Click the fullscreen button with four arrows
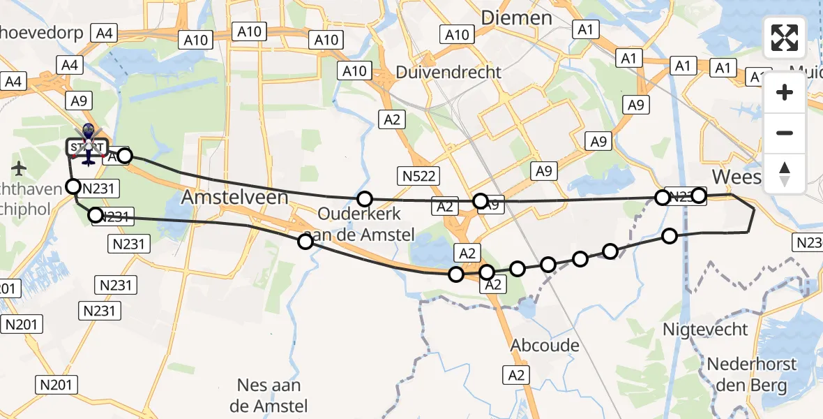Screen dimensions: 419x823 pos(785,38)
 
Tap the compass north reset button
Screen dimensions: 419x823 pos(785,174)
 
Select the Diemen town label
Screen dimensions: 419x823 pos(517,17)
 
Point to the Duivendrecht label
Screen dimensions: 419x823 pos(448,72)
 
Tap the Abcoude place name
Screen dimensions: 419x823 pos(545,346)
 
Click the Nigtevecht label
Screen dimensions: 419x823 pos(705,329)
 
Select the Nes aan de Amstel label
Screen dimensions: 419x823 pos(269,395)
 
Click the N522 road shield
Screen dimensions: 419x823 pos(419,176)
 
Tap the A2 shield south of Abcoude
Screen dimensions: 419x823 pos(516,375)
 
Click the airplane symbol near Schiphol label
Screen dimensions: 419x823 pos(18,168)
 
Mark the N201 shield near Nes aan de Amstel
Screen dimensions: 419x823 pos(57,384)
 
